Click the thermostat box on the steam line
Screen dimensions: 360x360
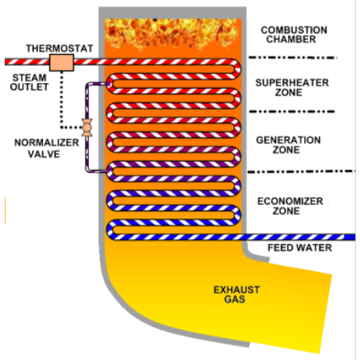pos(62,63)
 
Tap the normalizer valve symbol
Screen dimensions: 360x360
pos(87,127)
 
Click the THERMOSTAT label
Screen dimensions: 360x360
pos(60,49)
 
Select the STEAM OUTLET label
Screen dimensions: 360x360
pos(29,82)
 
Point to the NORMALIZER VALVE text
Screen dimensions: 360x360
pos(46,148)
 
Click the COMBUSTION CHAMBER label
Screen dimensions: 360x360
pos(294,35)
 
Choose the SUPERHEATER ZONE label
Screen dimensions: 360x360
pos(292,87)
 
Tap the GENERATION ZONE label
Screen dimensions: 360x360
pos(288,145)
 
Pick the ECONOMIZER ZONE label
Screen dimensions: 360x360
pos(290,206)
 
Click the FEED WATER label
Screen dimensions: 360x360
pos(300,248)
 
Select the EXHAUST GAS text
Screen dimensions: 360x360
pos(237,294)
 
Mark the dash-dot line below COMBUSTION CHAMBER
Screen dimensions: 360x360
pos(293,57)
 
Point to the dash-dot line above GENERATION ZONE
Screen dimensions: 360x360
pos(292,111)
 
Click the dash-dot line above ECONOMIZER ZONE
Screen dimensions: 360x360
pos(301,172)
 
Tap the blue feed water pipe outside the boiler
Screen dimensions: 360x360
pos(301,237)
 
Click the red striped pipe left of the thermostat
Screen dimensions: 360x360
pos(27,62)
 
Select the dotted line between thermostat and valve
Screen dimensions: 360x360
pos(62,100)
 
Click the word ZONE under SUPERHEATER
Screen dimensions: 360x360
pos(289,93)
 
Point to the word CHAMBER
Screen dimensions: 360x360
pos(291,39)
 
